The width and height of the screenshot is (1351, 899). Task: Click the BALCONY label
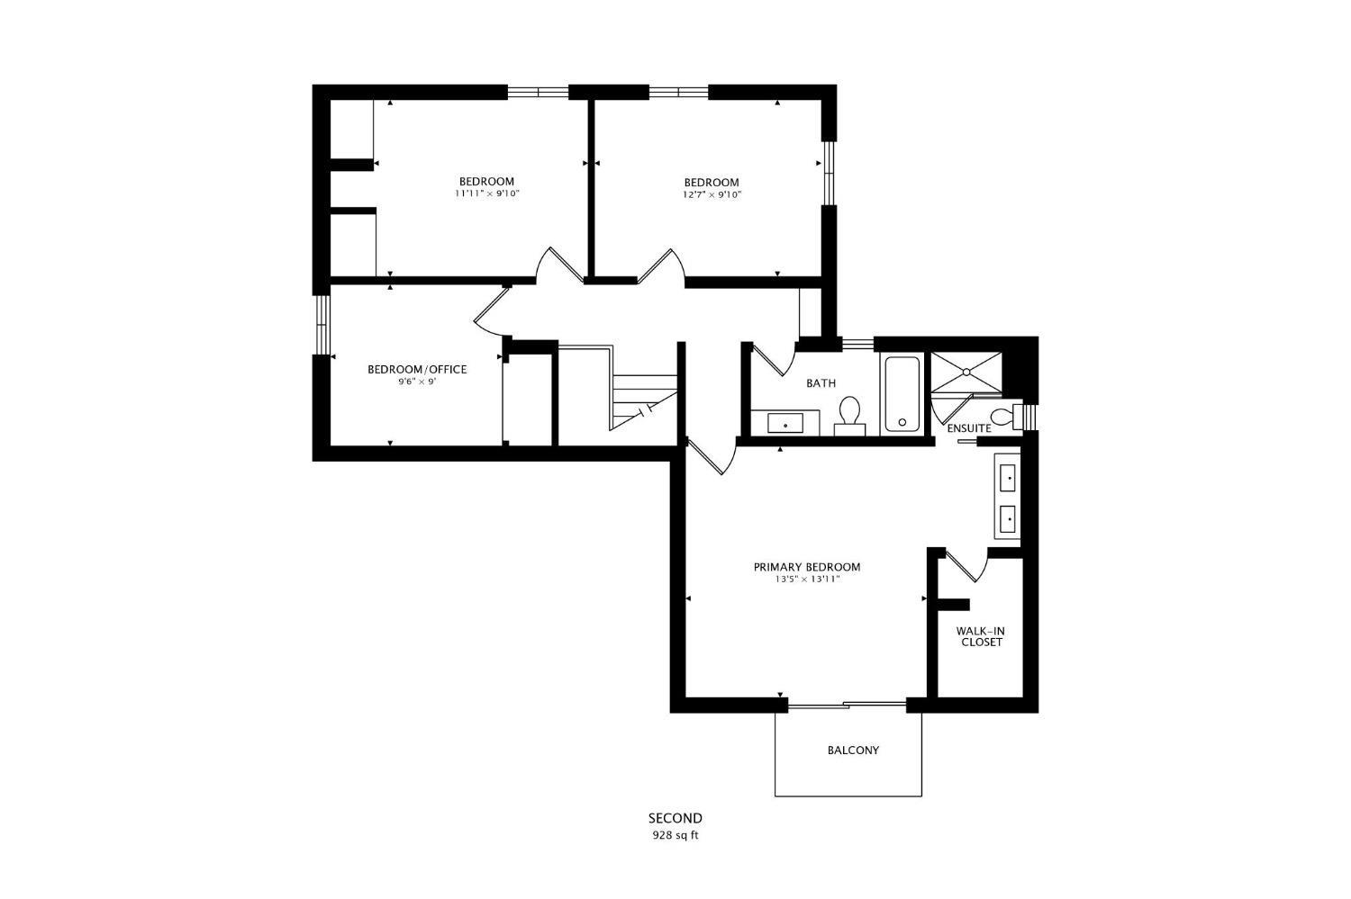pos(853,751)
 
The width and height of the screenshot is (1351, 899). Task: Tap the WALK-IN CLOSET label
pos(982,637)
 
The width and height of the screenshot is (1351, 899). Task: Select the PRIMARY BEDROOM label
pos(807,567)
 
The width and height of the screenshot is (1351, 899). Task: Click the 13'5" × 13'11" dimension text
pos(808,580)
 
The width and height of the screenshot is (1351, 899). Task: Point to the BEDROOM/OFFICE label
pos(417,369)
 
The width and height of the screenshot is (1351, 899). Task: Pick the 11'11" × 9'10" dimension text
pos(487,193)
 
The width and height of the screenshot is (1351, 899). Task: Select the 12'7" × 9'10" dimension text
pos(712,194)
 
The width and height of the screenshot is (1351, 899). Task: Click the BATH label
pos(821,382)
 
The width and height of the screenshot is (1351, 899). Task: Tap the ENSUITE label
pos(969,428)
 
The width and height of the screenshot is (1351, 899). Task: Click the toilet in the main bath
pos(850,415)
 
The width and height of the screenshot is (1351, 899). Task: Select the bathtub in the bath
pos(902,394)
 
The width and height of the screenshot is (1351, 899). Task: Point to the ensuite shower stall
pos(966,372)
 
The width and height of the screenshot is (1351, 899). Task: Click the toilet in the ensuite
pos(1007,416)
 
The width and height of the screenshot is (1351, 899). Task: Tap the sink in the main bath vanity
pos(785,424)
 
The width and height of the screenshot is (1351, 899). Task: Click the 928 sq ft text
pos(675,836)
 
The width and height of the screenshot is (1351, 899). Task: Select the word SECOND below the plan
pos(675,818)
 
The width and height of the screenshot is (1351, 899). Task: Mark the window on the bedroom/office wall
pos(323,325)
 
